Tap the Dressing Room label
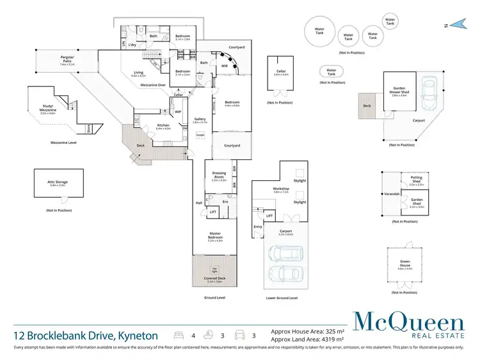220,178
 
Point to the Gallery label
200,120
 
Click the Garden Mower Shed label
399,94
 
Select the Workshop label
282,190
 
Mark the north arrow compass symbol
456,25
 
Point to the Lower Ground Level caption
282,298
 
